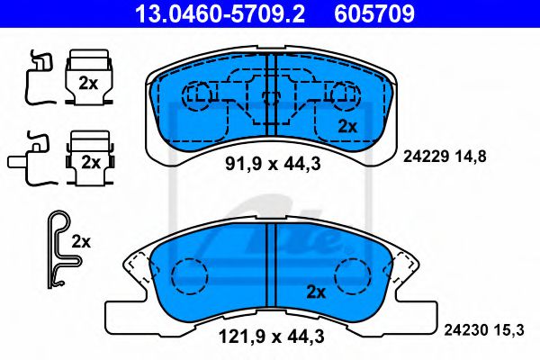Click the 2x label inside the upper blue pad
coord(348,125)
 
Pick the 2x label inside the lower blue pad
coord(316,292)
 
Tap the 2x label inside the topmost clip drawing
coord(89,84)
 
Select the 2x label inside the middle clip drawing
coord(89,163)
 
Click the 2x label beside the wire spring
coord(82,241)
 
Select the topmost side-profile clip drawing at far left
coord(33,76)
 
